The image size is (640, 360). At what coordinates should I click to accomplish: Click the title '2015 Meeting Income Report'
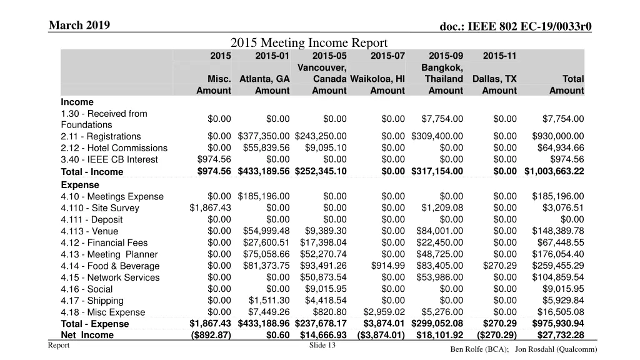pyautogui.click(x=309, y=42)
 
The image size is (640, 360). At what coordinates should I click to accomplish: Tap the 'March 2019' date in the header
pyautogui.click(x=79, y=25)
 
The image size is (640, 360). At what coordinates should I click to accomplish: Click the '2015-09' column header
pyautogui.click(x=446, y=56)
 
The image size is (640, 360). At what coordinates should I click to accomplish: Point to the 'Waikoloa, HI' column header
pyautogui.click(x=377, y=79)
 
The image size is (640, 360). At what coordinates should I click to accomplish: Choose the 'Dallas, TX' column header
pyautogui.click(x=494, y=79)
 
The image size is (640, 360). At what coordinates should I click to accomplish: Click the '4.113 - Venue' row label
pyautogui.click(x=89, y=231)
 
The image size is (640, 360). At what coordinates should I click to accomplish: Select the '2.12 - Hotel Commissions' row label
pyautogui.click(x=114, y=148)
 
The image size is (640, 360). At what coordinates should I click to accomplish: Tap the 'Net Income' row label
pyautogui.click(x=87, y=335)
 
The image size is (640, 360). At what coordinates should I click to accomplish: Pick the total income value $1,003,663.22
pyautogui.click(x=554, y=171)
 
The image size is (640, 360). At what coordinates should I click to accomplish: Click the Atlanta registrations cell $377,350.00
pyautogui.click(x=264, y=136)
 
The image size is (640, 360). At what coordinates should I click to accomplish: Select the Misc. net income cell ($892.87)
pyautogui.click(x=210, y=335)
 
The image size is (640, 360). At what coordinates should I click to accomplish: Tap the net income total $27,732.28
pyautogui.click(x=558, y=335)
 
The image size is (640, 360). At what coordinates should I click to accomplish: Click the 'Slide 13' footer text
pyautogui.click(x=322, y=346)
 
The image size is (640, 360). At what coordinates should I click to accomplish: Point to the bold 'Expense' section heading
pyautogui.click(x=80, y=185)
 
